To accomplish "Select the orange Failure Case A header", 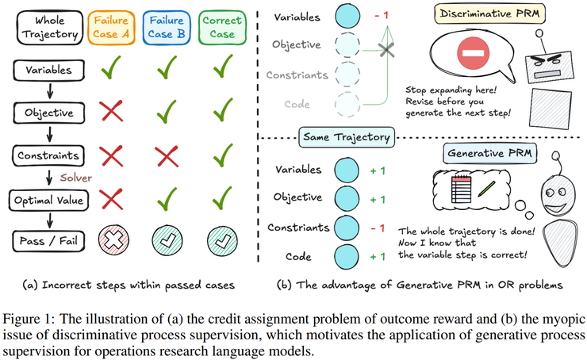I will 113,26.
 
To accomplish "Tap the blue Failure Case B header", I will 165,26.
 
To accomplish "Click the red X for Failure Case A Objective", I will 113,112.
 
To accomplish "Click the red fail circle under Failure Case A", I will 113,239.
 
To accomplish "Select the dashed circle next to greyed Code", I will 347,105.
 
